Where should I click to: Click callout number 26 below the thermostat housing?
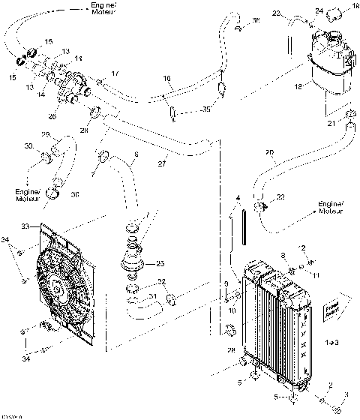pos(51,116)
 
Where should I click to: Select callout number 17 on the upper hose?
pos(115,73)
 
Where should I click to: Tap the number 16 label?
pos(167,77)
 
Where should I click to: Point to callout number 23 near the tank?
pos(276,14)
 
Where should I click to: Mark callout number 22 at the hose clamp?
pos(280,197)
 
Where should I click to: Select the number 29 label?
pos(66,133)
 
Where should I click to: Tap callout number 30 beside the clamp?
pos(29,145)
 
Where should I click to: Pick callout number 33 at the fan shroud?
pos(25,224)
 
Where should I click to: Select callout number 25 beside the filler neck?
pos(160,263)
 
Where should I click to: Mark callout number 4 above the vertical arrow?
pos(238,197)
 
